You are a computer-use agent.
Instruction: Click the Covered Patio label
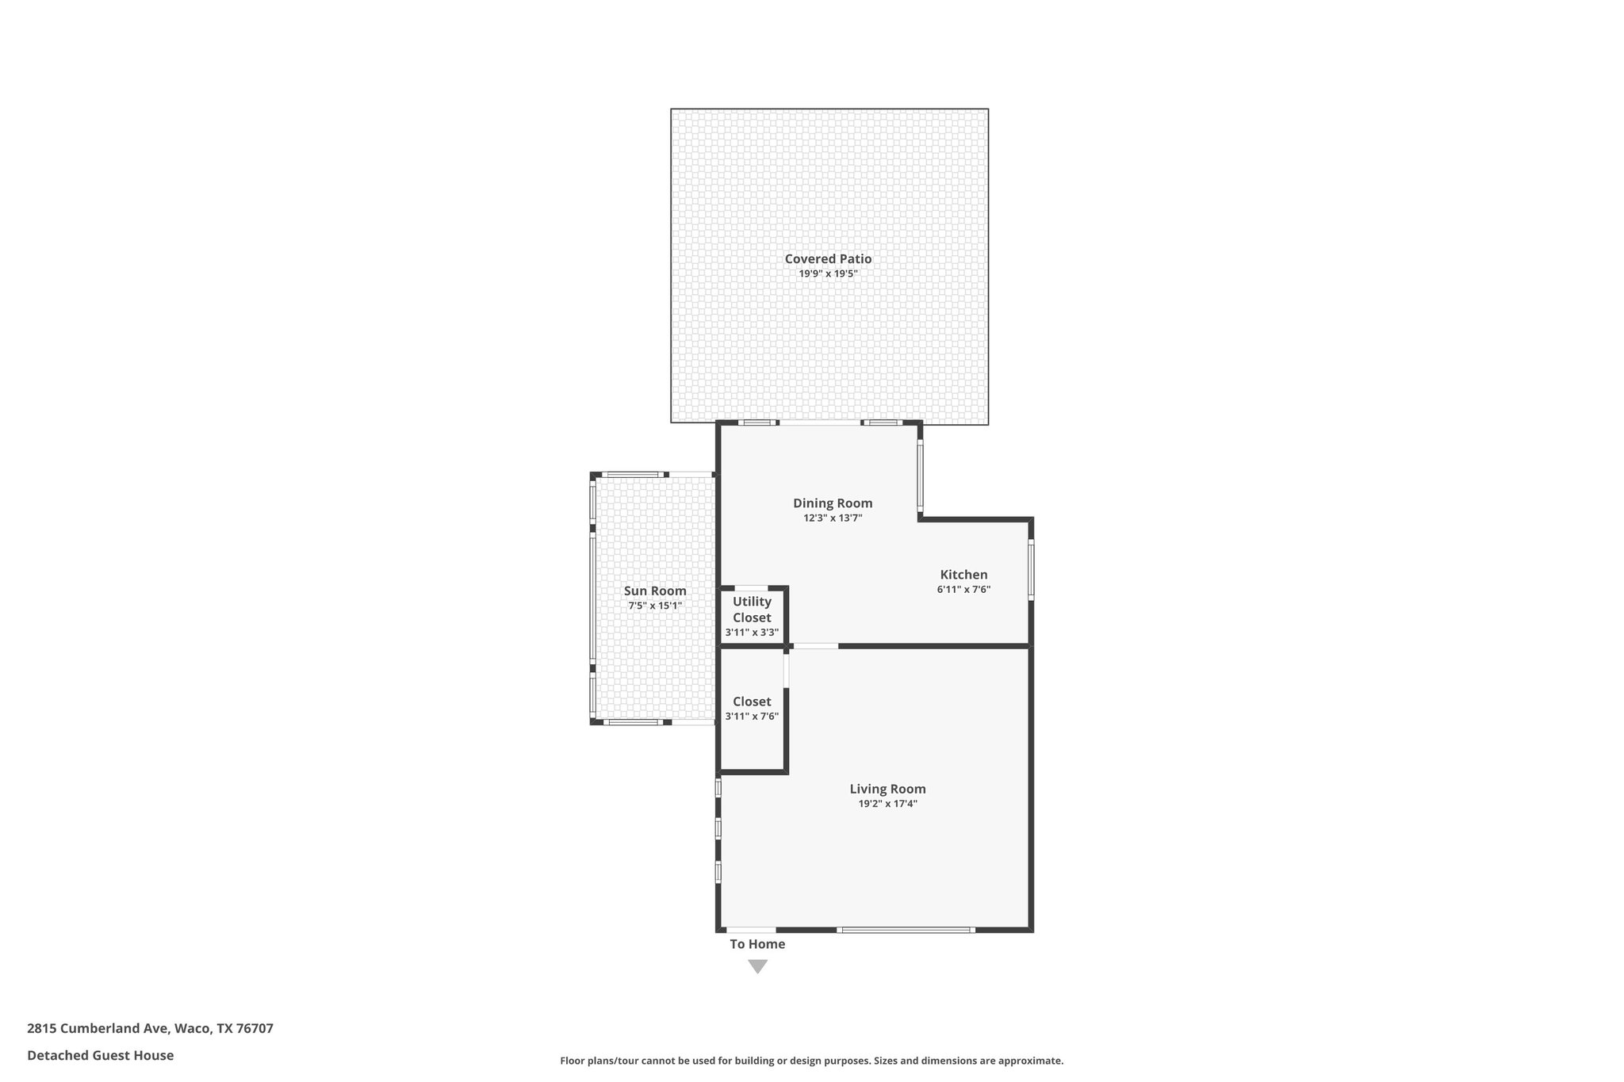828,258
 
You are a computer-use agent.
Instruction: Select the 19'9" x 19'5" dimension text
828,273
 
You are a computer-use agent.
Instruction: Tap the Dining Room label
833,503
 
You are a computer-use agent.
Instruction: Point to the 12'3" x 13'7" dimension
833,518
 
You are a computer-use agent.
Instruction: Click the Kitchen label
963,575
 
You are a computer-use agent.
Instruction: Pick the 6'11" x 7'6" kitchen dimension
963,589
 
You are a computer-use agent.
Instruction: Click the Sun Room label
655,591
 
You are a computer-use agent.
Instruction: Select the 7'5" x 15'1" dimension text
655,606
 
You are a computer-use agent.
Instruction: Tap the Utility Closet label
752,610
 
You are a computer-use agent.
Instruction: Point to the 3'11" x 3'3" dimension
752,633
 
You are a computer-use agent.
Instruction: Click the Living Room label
887,789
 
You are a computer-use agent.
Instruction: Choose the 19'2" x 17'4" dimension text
887,803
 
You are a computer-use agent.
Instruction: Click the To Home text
757,944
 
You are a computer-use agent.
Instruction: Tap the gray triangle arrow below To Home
757,966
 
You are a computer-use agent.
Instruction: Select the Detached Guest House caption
100,1055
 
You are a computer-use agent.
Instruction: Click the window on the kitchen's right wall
1031,568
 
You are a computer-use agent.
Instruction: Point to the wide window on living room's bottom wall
906,929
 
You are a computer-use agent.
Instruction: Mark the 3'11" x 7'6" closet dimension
752,716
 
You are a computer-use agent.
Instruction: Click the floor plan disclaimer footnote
811,1061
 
